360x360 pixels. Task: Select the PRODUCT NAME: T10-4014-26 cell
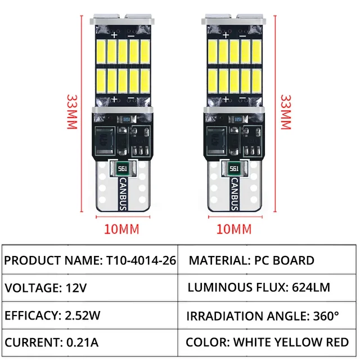tap(89, 260)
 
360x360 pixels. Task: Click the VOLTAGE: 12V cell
tap(89, 288)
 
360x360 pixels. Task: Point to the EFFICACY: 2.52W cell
tap(89, 315)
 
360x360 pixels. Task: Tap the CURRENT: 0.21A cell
tap(89, 342)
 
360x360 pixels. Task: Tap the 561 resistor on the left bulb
tap(123, 168)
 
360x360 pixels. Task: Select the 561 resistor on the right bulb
tap(235, 168)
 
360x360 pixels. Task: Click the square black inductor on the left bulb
tap(105, 138)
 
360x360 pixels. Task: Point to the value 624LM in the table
tap(309, 288)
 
